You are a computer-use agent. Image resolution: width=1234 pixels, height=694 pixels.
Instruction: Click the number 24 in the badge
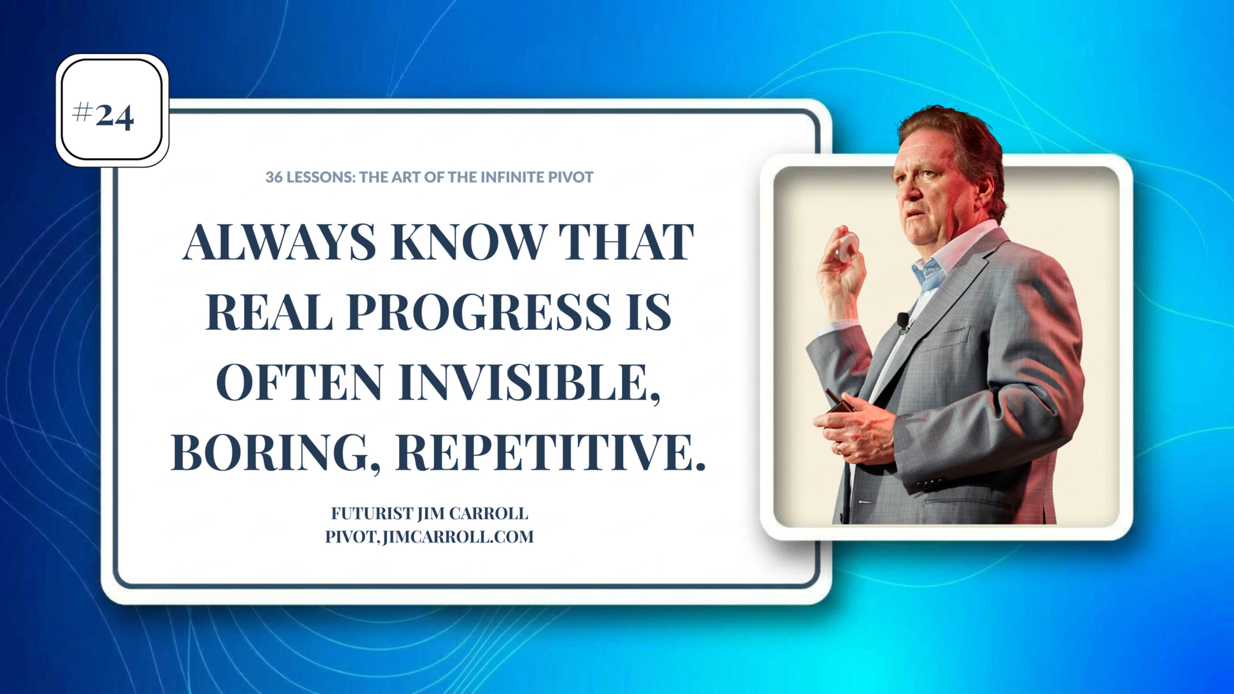tap(114, 116)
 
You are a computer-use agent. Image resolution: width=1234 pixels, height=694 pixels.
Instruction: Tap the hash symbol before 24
tap(82, 113)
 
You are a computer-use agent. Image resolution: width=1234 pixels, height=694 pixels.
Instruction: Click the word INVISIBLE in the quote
tap(529, 383)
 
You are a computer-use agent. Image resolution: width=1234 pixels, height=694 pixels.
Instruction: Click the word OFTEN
tap(299, 383)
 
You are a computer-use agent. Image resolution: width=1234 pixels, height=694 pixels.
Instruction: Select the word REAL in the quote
tap(269, 312)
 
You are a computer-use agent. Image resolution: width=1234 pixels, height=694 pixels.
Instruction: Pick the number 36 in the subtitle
tap(274, 177)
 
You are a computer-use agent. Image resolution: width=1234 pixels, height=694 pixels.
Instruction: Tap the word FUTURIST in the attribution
tap(372, 513)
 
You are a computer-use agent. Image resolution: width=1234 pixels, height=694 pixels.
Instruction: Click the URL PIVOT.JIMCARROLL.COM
tap(429, 537)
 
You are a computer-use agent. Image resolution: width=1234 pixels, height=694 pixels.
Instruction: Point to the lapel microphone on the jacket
tap(903, 322)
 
